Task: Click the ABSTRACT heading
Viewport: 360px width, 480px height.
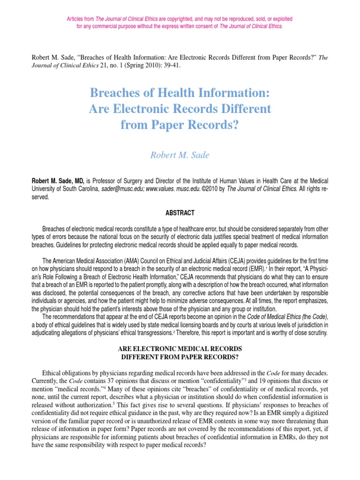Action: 180,213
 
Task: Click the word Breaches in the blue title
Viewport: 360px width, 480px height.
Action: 120,93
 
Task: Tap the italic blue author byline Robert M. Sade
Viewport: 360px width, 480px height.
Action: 180,155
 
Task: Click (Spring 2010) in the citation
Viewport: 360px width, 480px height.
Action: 140,66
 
